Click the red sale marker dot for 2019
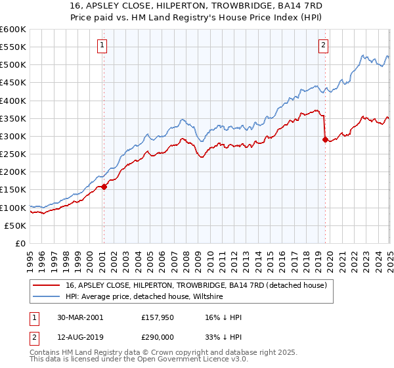point(325,139)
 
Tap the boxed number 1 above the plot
point(103,45)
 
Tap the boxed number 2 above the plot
point(324,45)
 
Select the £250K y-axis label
point(13,154)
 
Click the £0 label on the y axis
point(21,243)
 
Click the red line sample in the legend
point(47,285)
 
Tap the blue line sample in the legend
point(47,296)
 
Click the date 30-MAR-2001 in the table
point(79,317)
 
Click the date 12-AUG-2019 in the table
point(79,336)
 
